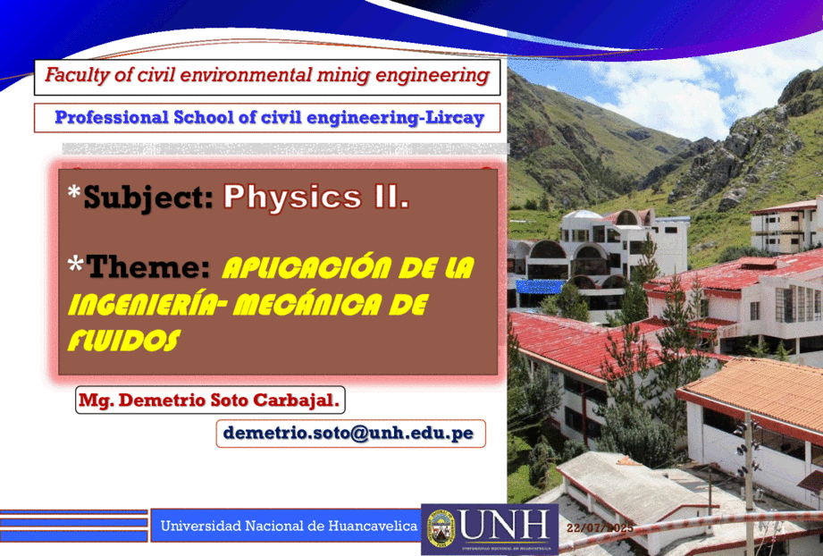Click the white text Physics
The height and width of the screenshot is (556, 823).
(x=293, y=198)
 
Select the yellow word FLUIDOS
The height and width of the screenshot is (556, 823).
(x=124, y=341)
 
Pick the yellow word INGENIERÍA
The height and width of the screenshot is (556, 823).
(x=143, y=305)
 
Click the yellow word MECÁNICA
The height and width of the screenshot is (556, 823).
(x=307, y=305)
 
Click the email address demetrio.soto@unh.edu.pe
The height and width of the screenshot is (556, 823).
(x=349, y=434)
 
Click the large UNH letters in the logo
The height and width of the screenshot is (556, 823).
(x=504, y=526)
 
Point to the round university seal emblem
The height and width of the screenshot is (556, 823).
(x=441, y=528)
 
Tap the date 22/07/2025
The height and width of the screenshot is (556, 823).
(x=600, y=527)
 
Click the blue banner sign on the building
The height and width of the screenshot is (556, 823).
(x=539, y=287)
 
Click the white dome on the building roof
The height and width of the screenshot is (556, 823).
(x=582, y=215)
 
